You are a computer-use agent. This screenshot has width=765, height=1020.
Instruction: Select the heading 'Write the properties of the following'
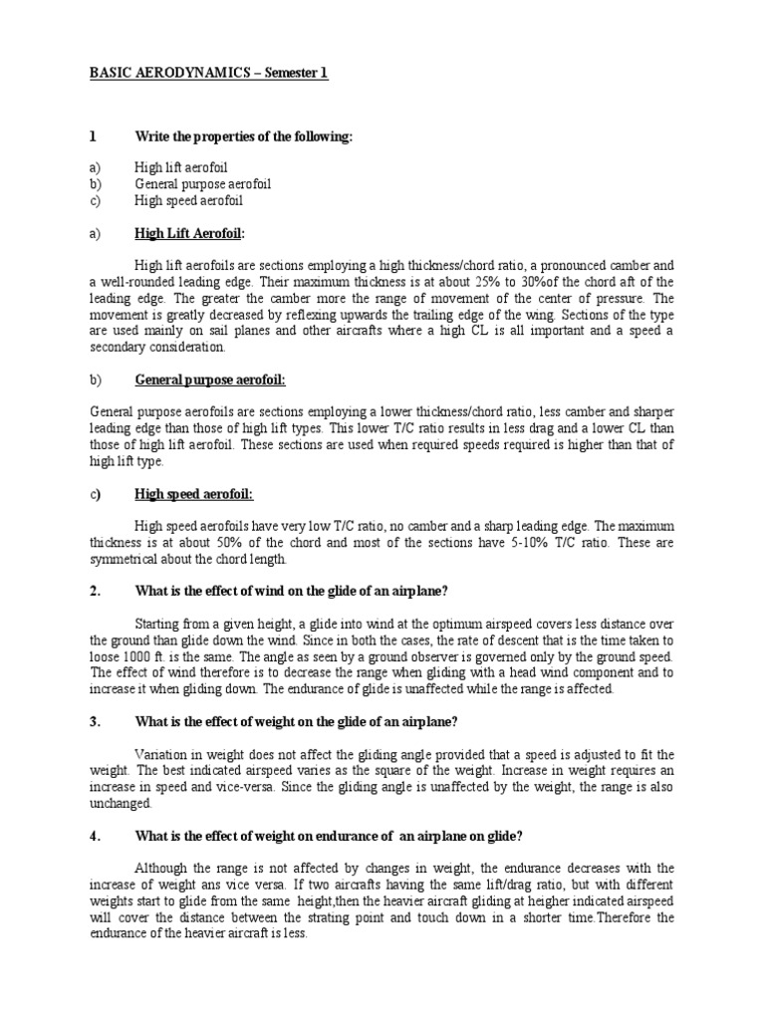(x=244, y=136)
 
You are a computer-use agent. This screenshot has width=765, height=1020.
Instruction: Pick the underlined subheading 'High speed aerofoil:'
(x=193, y=495)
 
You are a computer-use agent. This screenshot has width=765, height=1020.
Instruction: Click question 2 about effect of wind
(x=290, y=592)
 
